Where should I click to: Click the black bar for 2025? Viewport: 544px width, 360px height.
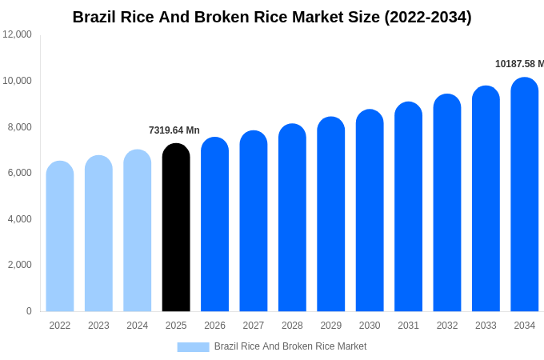tap(176, 228)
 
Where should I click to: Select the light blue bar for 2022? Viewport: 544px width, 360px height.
tap(60, 236)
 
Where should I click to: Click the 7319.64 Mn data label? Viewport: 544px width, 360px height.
tap(174, 130)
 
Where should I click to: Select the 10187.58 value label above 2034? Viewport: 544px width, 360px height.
tap(518, 64)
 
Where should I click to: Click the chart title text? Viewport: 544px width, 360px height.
tap(272, 17)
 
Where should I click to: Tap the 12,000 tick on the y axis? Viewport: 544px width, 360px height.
tap(17, 34)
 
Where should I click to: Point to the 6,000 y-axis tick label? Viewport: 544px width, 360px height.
tap(19, 173)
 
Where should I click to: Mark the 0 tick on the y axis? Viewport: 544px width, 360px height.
tap(29, 311)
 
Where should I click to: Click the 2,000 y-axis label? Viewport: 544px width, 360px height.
tap(19, 265)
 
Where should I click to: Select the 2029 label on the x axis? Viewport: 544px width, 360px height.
tap(331, 326)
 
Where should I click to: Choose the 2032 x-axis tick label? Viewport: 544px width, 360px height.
tap(447, 326)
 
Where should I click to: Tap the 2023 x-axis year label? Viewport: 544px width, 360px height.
tap(98, 326)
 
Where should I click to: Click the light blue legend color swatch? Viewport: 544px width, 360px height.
tap(193, 346)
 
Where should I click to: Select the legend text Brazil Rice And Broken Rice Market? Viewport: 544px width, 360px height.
tap(290, 346)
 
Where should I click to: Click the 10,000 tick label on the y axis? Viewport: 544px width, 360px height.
tap(17, 81)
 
